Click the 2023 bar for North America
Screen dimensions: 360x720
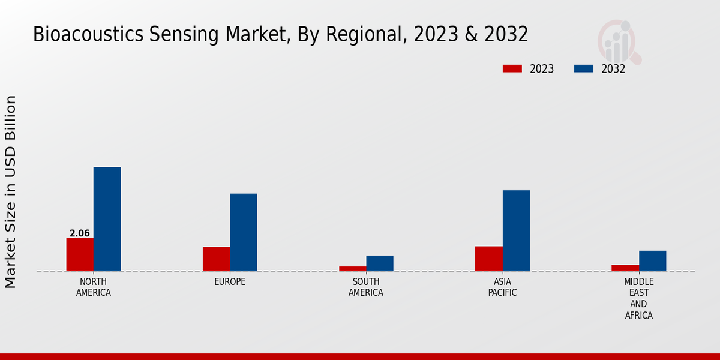80,254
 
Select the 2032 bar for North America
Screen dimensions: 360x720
107,219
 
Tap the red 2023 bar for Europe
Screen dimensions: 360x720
216,259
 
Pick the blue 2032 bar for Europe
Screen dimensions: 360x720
243,232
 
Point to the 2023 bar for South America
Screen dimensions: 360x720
352,268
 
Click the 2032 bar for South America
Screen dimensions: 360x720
380,263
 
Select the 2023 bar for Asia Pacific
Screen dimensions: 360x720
488,259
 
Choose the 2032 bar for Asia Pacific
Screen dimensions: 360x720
516,230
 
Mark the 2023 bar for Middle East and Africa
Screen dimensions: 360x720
625,268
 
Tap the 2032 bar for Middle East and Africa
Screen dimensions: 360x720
652,260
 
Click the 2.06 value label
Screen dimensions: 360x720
80,233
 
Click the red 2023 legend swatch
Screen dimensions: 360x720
512,68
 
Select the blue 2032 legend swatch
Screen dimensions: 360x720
584,68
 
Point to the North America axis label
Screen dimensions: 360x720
94,287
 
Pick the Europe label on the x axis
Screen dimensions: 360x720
230,282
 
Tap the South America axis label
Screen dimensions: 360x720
366,287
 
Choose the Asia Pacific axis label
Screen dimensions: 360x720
502,287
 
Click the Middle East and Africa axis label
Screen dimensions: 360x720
638,299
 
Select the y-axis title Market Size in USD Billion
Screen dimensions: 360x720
11,191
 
